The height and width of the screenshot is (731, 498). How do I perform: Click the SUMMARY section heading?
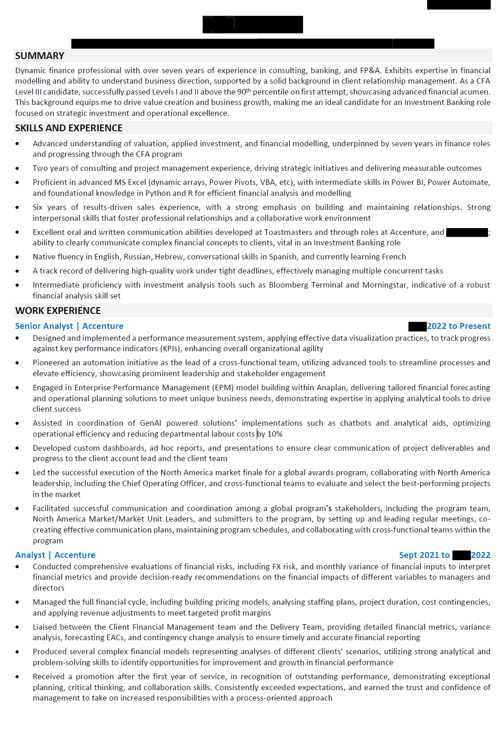pyautogui.click(x=40, y=56)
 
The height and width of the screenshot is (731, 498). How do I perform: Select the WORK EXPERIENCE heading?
pyautogui.click(x=58, y=311)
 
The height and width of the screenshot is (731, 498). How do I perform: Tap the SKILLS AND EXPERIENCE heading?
pyautogui.click(x=69, y=128)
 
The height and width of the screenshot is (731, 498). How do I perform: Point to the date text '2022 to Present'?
pyautogui.click(x=458, y=326)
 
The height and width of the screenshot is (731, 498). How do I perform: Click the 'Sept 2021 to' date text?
pyautogui.click(x=424, y=555)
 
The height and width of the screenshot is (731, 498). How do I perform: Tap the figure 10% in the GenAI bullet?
pyautogui.click(x=275, y=434)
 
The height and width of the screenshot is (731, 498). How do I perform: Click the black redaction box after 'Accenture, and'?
pyautogui.click(x=467, y=233)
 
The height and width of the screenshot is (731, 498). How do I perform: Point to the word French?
pyautogui.click(x=393, y=257)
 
